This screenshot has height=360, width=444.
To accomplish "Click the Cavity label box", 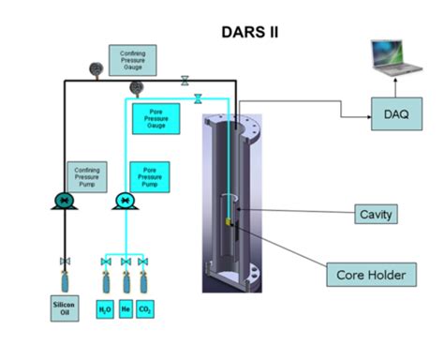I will [375, 215].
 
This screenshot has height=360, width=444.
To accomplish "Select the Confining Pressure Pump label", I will [85, 175].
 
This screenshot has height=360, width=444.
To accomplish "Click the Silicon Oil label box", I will [67, 308].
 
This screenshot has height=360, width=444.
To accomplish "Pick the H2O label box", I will [105, 308].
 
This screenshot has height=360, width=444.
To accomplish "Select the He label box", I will [126, 308].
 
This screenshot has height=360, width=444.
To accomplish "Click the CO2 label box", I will [145, 308].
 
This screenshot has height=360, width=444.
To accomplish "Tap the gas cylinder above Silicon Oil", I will [66, 278].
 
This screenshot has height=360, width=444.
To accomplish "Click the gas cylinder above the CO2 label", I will [143, 279].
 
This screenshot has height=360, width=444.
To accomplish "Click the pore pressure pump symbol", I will [125, 202].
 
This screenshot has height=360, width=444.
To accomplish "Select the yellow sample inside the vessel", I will [229, 223].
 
